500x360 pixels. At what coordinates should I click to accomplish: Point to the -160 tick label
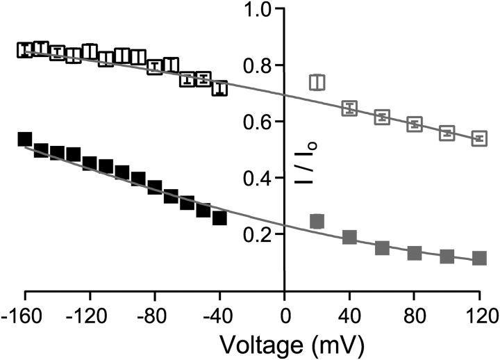tap(25, 311)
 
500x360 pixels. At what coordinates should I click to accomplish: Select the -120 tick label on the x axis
tap(90, 311)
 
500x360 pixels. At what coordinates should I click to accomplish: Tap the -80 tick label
tap(154, 311)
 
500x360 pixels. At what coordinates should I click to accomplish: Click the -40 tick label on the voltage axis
tap(219, 311)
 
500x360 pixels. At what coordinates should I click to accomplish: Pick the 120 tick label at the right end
tap(478, 311)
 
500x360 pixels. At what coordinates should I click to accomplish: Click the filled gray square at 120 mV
tap(479, 258)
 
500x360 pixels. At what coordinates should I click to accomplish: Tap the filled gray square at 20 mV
tap(317, 221)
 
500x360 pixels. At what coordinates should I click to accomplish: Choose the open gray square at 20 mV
tap(317, 82)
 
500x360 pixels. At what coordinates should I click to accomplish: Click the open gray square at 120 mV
tap(479, 138)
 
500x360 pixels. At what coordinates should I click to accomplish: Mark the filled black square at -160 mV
tap(25, 139)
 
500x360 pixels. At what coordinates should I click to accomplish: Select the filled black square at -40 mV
tap(219, 218)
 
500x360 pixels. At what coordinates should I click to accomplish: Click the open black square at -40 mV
tap(219, 88)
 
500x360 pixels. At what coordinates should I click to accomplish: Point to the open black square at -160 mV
tap(25, 50)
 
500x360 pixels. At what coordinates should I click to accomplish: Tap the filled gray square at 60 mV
tap(382, 247)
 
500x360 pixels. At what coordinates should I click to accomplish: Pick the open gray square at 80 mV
tap(415, 124)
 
